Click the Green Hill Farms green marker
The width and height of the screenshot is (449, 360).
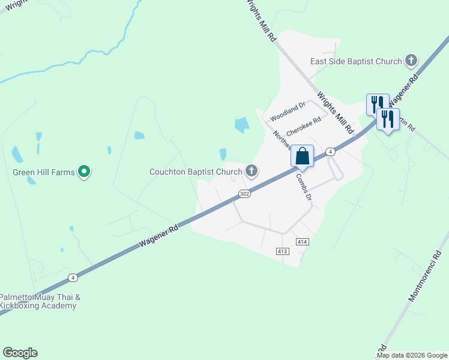(85, 172)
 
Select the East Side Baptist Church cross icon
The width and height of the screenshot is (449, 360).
(411, 61)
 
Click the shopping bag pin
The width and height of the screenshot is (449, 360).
(303, 156)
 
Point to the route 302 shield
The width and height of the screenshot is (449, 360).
(244, 194)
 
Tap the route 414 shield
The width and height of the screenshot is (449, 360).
(302, 241)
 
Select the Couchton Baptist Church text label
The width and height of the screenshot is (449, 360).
(195, 172)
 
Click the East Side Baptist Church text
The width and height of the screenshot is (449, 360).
(355, 61)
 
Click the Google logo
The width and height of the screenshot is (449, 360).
(20, 353)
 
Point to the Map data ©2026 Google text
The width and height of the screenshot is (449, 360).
(412, 355)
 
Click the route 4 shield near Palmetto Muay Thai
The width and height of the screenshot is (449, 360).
(73, 277)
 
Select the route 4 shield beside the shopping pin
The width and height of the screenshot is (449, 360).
(331, 152)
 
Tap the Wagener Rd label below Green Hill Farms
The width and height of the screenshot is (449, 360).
(158, 236)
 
